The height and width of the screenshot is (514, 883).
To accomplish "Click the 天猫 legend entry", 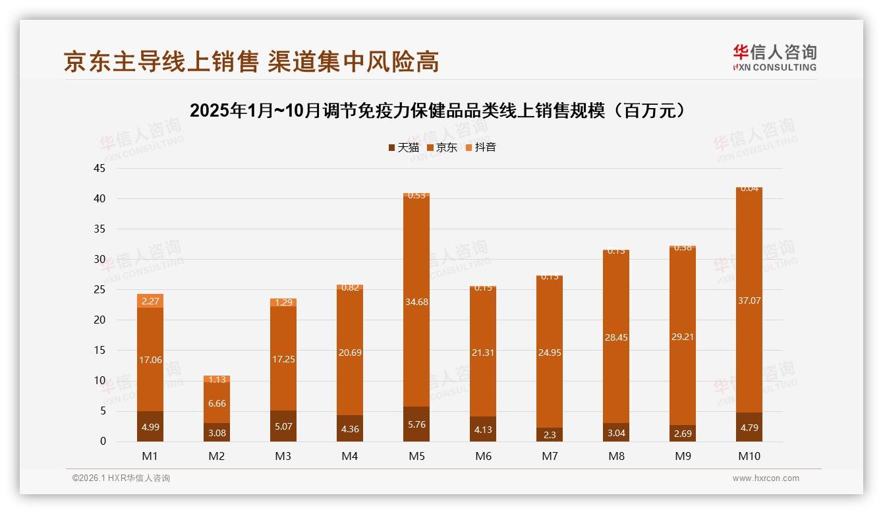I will point(403,148).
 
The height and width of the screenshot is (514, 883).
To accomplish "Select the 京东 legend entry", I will point(441,148).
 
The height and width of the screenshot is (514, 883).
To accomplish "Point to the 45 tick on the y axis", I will point(100,168).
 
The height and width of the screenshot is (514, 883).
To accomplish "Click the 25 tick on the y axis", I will point(100,289).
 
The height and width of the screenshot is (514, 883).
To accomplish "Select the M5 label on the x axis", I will point(416,456).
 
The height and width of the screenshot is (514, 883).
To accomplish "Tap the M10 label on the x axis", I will point(749,456).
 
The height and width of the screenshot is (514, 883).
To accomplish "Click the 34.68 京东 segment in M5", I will point(416,302).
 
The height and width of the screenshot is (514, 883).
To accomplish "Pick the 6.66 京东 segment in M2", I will point(217,403).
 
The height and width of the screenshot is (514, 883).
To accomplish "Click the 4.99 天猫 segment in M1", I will point(150,426).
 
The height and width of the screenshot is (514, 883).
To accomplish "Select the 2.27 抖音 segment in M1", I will point(150,301).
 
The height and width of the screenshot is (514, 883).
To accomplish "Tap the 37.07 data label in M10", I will point(749,300).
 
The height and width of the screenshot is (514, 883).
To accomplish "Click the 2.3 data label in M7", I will point(550,435).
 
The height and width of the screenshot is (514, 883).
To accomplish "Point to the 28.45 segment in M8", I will point(616,337).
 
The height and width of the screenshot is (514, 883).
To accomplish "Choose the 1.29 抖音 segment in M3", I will point(283,302).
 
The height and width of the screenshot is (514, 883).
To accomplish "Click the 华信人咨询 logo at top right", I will point(774,57).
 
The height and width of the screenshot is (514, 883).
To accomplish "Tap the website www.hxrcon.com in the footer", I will point(765,478).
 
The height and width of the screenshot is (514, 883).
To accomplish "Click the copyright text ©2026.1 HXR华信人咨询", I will point(121,478).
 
